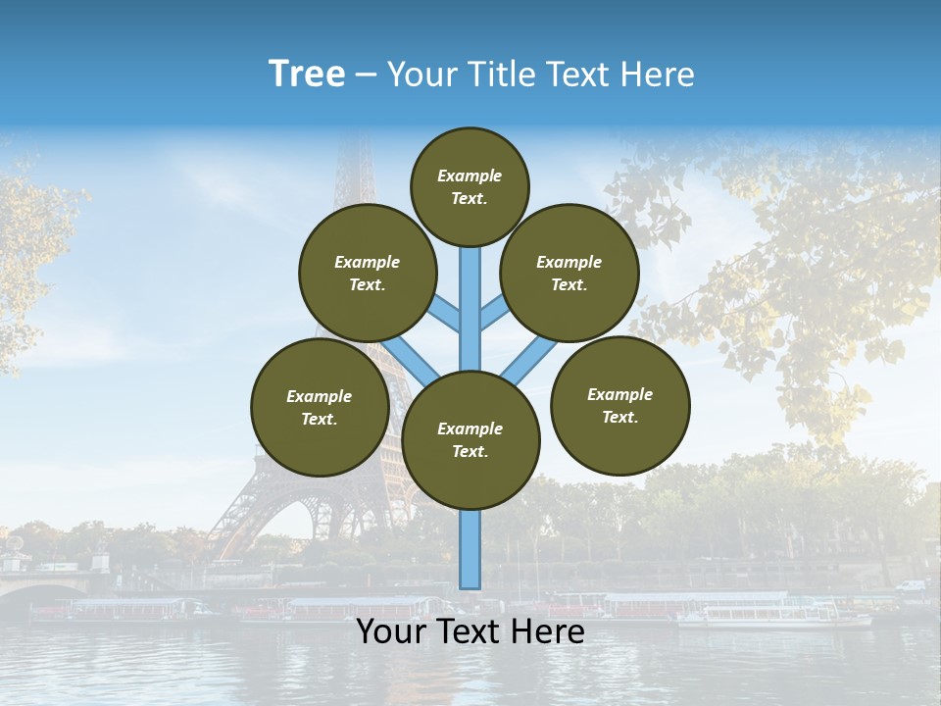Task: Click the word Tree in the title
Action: [x=307, y=75]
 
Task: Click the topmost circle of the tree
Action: [x=470, y=186]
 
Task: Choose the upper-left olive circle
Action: [x=368, y=273]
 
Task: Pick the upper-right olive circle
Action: [x=570, y=273]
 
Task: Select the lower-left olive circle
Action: [x=320, y=407]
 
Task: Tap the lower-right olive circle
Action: [x=620, y=405]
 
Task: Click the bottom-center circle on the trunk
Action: [x=470, y=439]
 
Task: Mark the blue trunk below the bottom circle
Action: [x=470, y=549]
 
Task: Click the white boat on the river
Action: [x=774, y=616]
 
